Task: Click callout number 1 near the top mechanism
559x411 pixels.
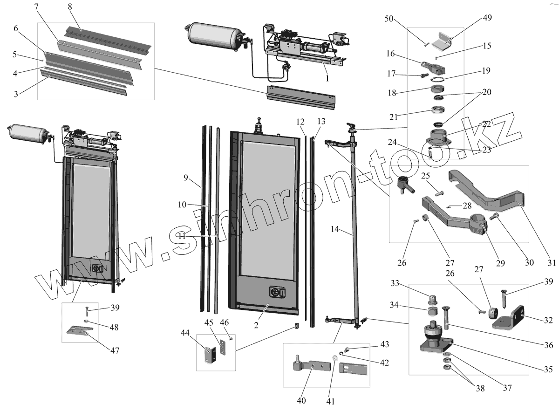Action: (327, 79)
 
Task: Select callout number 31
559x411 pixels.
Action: (552, 263)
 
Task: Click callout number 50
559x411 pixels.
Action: (389, 19)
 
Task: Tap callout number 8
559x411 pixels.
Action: (69, 7)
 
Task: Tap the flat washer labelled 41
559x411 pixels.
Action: (334, 359)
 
